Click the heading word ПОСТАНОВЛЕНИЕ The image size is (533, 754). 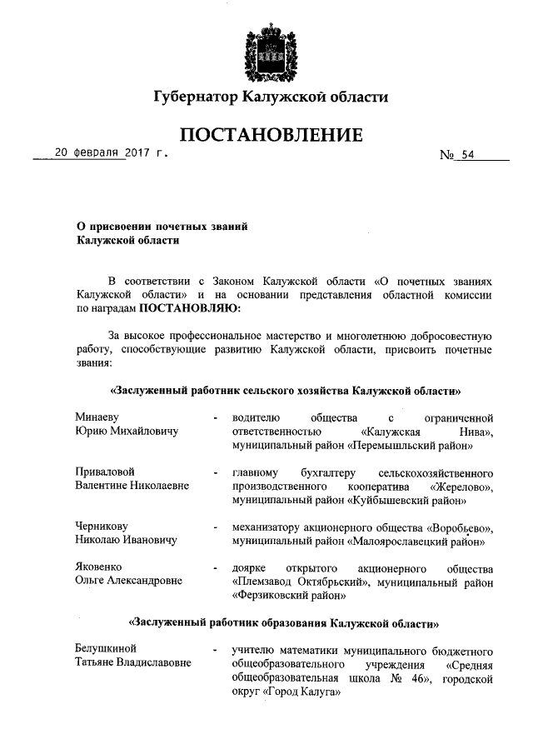(x=270, y=134)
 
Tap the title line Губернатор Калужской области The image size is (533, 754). (x=270, y=97)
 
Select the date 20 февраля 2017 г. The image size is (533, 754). (x=110, y=153)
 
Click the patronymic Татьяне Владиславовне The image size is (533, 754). (x=132, y=662)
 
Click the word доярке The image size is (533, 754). (x=250, y=567)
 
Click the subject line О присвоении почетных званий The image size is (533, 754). (x=162, y=226)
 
